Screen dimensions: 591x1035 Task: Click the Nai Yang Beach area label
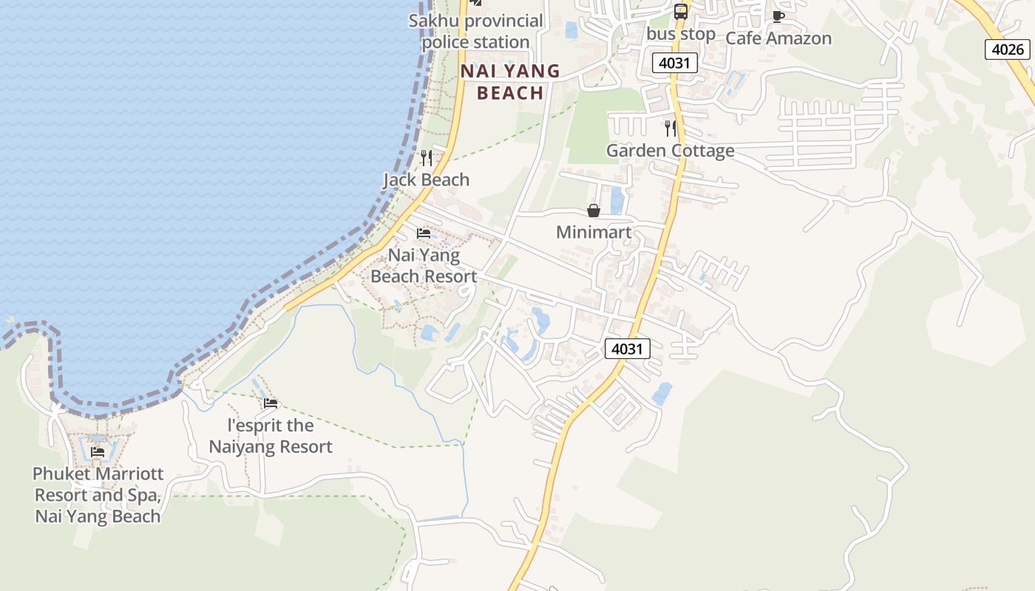pyautogui.click(x=510, y=82)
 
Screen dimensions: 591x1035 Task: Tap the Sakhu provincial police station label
pyautogui.click(x=476, y=31)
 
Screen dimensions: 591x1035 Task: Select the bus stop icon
pyautogui.click(x=680, y=12)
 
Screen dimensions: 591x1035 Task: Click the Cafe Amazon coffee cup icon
pyautogui.click(x=778, y=16)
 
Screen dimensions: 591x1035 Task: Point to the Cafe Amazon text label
pyautogui.click(x=778, y=38)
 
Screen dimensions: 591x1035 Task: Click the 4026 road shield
pyautogui.click(x=1007, y=49)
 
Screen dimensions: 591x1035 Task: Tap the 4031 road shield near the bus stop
pyautogui.click(x=675, y=63)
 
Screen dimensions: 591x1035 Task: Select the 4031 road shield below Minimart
pyautogui.click(x=627, y=348)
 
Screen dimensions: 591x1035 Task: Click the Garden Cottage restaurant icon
pyautogui.click(x=671, y=129)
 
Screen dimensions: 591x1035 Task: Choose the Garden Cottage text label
pyautogui.click(x=671, y=151)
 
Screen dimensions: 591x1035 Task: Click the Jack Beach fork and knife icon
pyautogui.click(x=426, y=157)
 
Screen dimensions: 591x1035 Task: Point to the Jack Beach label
pyautogui.click(x=427, y=180)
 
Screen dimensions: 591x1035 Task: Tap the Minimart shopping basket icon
pyautogui.click(x=593, y=211)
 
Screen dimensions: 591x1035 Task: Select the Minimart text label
pyautogui.click(x=594, y=233)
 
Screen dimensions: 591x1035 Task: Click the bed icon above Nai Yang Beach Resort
pyautogui.click(x=424, y=233)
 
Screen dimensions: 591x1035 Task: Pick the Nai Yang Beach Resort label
pyautogui.click(x=424, y=266)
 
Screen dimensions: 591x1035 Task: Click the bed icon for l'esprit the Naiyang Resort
pyautogui.click(x=271, y=403)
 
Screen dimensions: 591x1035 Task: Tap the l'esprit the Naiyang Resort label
pyautogui.click(x=271, y=436)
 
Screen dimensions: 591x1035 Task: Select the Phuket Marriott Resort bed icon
pyautogui.click(x=98, y=451)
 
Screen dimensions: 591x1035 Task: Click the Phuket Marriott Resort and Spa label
pyautogui.click(x=98, y=495)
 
